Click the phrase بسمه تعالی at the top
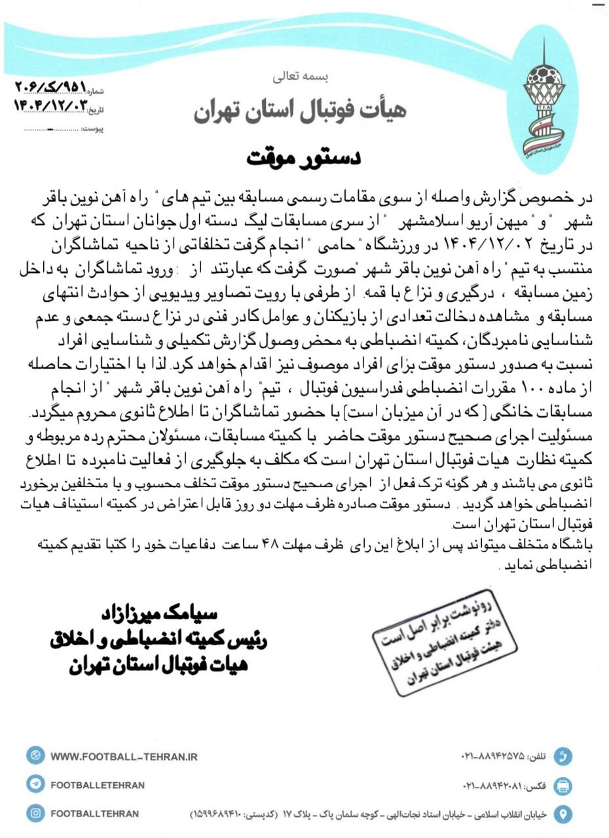(303, 77)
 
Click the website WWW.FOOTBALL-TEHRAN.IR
(124, 756)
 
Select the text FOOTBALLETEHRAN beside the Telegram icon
(98, 785)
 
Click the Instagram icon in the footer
(36, 814)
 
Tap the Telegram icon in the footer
(36, 785)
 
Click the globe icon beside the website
(36, 756)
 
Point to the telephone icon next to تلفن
(562, 757)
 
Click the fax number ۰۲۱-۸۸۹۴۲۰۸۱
(492, 786)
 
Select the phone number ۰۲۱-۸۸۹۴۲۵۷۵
(493, 757)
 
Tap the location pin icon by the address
(562, 814)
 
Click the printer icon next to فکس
(562, 786)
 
